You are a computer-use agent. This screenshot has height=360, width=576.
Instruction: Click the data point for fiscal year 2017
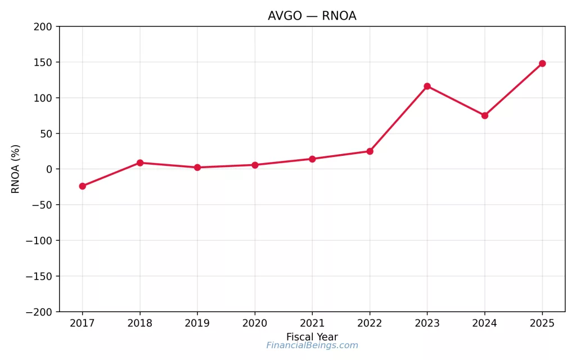coord(83,186)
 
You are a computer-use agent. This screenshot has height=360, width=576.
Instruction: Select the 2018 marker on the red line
coord(140,163)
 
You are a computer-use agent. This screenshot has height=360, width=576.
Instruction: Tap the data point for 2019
coord(197,168)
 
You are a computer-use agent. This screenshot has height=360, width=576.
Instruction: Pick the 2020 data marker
coord(255,165)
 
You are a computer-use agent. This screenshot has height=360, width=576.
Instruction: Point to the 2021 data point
coord(312,159)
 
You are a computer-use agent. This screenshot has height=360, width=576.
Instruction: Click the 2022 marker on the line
coord(370,151)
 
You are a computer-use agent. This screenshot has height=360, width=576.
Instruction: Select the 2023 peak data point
coord(427,86)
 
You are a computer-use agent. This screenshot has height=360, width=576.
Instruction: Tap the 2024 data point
coord(484,115)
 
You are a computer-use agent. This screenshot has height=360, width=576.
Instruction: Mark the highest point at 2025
coord(542,64)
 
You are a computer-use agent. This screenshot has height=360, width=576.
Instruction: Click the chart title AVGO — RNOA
coord(312,16)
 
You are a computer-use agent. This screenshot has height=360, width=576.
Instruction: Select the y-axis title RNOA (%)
coord(16,169)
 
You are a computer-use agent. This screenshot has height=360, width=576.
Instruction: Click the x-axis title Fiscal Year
coord(312,337)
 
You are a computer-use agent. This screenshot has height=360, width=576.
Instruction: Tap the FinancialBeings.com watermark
coord(312,345)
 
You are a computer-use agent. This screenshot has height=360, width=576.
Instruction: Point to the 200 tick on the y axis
coord(42,26)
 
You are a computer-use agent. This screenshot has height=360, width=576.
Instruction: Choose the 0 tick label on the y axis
coord(49,169)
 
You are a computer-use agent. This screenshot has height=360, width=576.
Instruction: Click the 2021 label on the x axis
coord(312,323)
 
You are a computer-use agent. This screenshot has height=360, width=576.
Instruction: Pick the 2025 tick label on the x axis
coord(542,323)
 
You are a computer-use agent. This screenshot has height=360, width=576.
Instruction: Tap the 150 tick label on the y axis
coord(42,62)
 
